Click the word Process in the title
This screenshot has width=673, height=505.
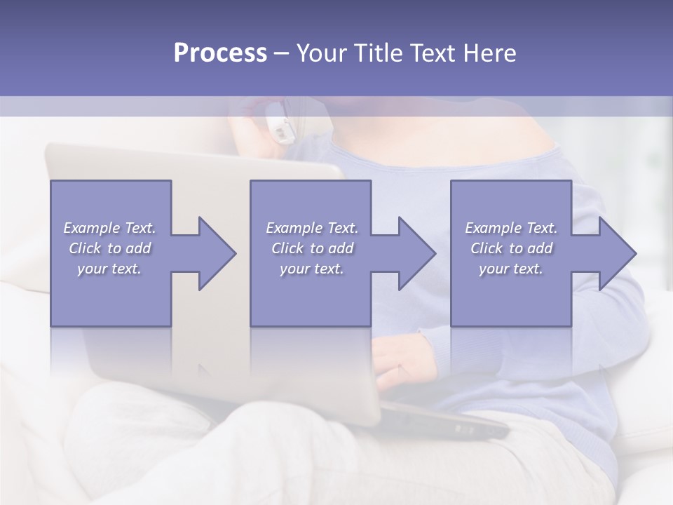tap(220, 53)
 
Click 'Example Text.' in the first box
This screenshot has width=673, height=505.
tap(110, 228)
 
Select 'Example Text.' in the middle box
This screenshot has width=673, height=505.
tap(312, 228)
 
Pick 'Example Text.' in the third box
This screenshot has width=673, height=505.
tap(511, 228)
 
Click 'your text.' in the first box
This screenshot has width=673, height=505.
tap(109, 269)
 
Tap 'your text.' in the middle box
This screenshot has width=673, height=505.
tap(311, 269)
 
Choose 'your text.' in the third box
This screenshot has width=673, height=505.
tap(510, 269)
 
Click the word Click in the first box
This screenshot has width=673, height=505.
tap(85, 248)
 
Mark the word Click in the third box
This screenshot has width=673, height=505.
tap(487, 248)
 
